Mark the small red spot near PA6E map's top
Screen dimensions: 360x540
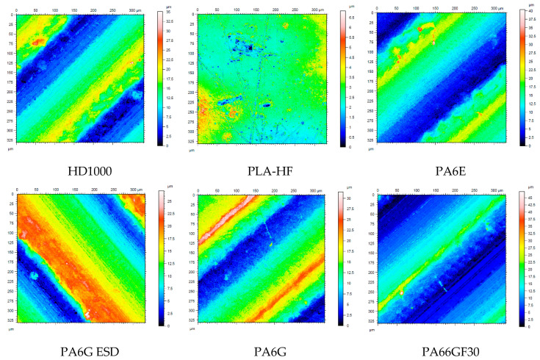tap(422, 29)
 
